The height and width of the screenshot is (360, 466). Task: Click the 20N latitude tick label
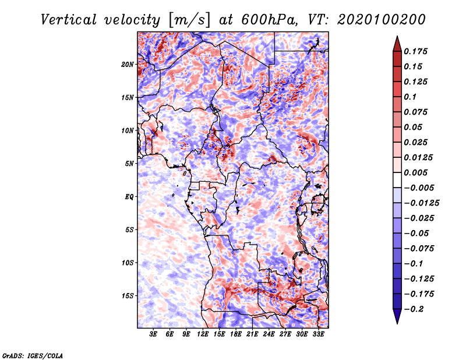[128, 65]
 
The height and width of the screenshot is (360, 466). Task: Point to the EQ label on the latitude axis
[129, 197]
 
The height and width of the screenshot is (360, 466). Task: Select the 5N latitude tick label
[129, 164]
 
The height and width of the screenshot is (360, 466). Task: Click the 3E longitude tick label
[153, 334]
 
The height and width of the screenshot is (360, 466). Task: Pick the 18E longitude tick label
[236, 334]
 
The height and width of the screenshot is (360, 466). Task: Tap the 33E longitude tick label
[318, 334]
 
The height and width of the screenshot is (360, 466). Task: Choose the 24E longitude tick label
[269, 334]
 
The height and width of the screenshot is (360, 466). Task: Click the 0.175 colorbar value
[415, 51]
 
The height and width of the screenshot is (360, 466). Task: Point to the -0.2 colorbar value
[414, 309]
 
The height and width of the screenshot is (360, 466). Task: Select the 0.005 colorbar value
[415, 172]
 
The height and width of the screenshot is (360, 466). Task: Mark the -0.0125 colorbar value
[421, 203]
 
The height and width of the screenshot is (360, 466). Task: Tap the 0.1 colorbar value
[410, 97]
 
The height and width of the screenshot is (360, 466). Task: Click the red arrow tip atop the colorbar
[397, 37]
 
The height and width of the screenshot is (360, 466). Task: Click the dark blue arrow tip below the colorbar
[397, 323]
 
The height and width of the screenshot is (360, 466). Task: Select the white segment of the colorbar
[397, 180]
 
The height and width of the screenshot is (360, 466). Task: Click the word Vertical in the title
[69, 20]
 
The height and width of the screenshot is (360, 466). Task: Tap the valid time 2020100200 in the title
[382, 20]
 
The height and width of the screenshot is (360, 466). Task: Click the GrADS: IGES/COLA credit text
[33, 355]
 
